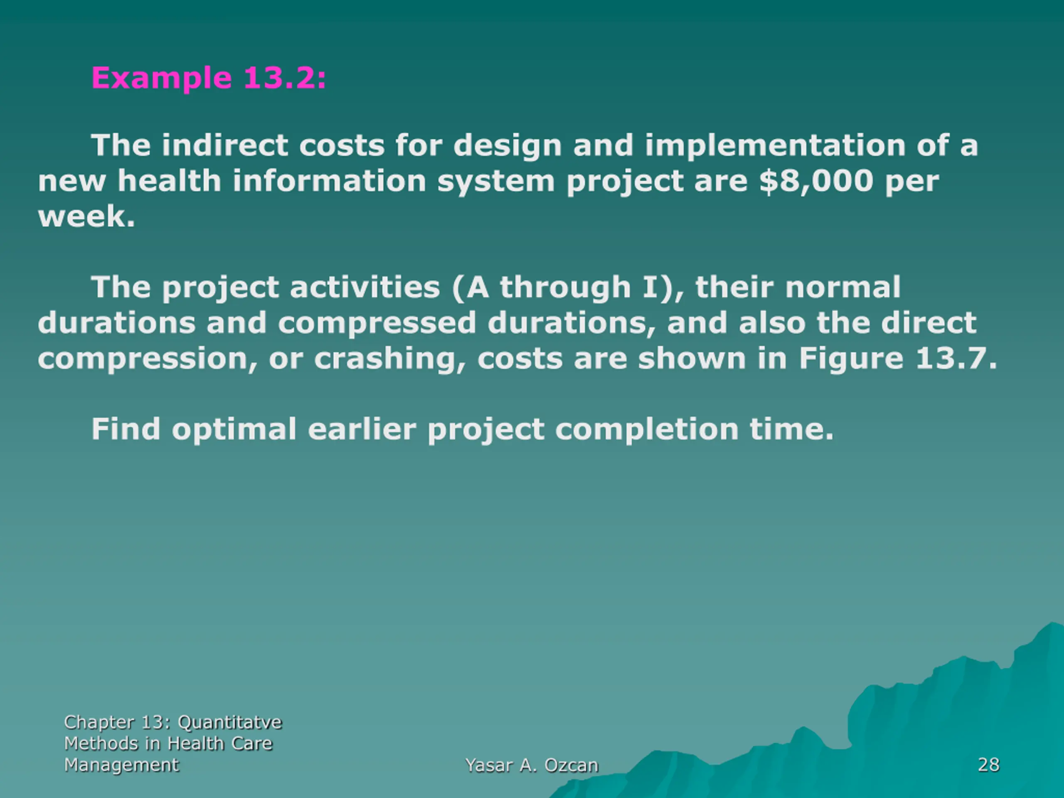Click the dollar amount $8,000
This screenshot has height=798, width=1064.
tap(816, 181)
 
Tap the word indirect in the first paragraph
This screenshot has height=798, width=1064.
tap(224, 145)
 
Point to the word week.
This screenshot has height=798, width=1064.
tap(86, 217)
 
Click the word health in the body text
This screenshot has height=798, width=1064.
tap(169, 181)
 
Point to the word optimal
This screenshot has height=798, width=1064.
tap(234, 429)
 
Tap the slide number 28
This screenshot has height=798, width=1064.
tap(988, 765)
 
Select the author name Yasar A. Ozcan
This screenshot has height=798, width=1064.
tap(532, 765)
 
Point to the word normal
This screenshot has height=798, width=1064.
tap(843, 288)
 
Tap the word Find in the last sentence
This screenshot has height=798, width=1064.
tap(126, 429)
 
